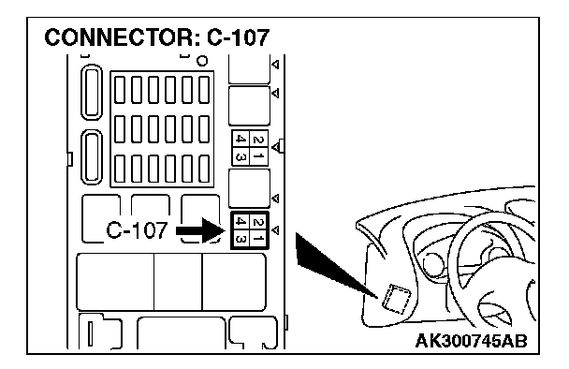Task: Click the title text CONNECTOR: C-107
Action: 157,37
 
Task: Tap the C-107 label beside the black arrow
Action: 137,229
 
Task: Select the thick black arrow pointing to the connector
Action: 201,230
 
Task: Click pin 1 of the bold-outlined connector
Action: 258,239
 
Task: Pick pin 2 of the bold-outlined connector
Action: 258,222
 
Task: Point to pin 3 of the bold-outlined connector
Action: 241,239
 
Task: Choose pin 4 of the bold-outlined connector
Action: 241,222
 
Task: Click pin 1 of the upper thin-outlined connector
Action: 258,156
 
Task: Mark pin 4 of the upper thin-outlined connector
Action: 241,140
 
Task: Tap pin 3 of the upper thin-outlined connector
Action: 241,156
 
